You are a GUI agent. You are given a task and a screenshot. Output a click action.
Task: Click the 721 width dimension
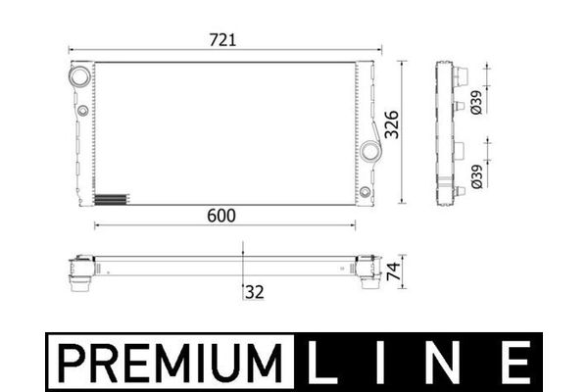click(222, 40)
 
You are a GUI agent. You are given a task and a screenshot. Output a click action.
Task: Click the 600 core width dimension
click(221, 216)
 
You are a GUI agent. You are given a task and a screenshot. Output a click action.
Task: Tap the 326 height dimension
click(392, 124)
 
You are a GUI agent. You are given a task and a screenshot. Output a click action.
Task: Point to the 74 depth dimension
click(393, 271)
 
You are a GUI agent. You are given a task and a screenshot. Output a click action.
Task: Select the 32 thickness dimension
click(255, 292)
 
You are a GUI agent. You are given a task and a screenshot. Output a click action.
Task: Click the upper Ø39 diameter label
click(476, 102)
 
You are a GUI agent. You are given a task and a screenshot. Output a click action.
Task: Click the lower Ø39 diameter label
click(476, 176)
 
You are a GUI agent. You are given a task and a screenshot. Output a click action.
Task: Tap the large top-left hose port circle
click(79, 76)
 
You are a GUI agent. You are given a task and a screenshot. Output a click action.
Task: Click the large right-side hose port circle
click(370, 151)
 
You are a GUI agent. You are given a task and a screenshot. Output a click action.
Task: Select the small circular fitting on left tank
click(82, 111)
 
